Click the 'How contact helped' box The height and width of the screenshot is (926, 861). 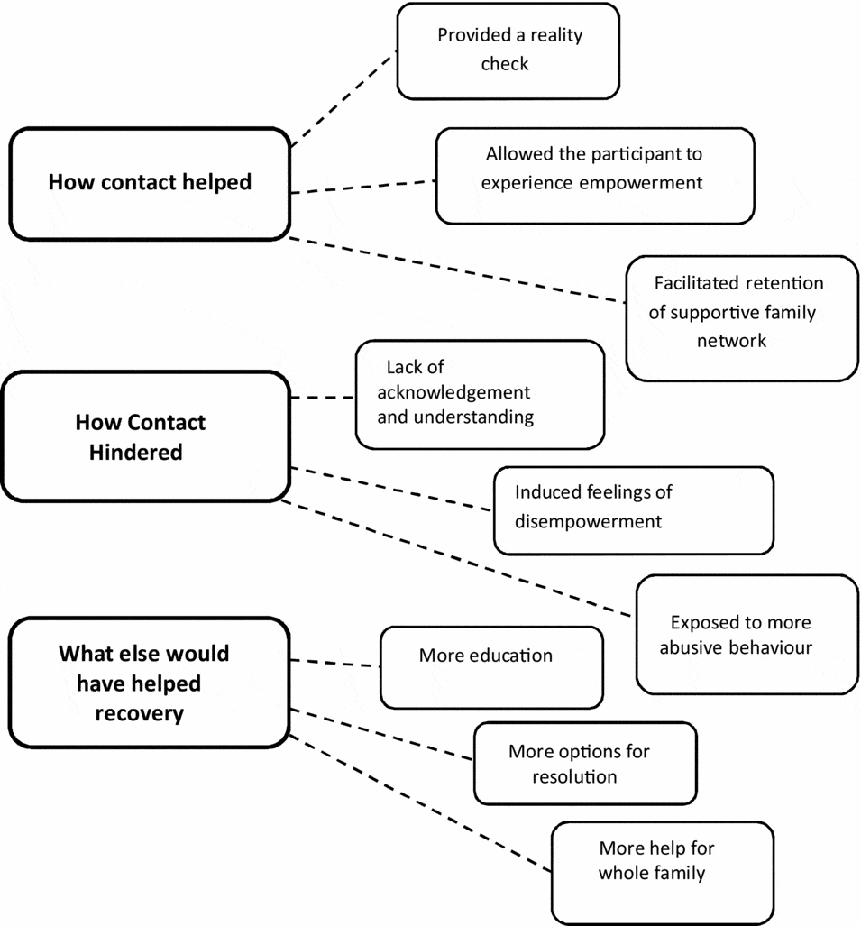149,183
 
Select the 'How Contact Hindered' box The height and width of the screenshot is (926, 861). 145,436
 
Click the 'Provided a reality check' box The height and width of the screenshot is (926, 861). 508,50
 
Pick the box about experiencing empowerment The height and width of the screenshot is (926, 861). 594,176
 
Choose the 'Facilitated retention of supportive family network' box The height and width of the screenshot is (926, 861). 741,317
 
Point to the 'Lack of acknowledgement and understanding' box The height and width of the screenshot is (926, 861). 479,394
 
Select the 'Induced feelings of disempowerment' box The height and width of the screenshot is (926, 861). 633,509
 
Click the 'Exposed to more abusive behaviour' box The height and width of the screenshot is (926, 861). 747,635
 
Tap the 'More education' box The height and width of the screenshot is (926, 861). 490,668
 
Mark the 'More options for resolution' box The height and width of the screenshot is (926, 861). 585,763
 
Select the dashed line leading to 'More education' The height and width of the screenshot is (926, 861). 334,664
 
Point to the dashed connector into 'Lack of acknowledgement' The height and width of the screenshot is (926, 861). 323,398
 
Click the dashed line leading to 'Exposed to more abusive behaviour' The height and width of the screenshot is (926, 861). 460,558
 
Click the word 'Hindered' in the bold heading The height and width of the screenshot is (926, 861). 135,452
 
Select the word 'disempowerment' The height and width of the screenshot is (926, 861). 588,522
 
